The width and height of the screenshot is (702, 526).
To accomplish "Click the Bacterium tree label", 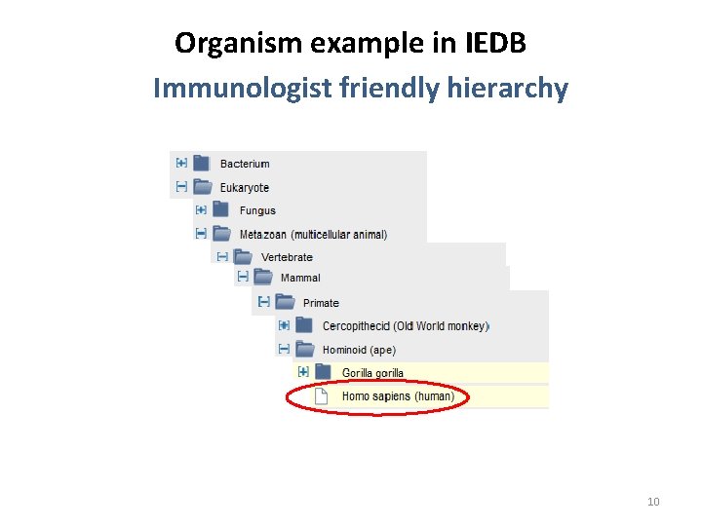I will coord(245,164).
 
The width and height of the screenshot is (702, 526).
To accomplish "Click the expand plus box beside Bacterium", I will coord(181,164).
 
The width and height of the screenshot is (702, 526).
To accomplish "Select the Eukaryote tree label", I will coord(245,187).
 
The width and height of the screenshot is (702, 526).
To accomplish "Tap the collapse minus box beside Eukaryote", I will coord(181,186).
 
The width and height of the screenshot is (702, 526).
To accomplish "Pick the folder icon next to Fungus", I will coord(220,209).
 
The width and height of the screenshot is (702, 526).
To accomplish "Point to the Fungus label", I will coord(257,210).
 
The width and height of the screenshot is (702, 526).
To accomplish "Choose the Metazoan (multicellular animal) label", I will coord(313,234).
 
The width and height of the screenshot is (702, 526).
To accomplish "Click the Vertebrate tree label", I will coord(287,257).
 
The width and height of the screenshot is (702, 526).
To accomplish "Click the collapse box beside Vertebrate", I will coord(222,256).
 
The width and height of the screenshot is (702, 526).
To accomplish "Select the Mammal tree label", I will coord(300,279).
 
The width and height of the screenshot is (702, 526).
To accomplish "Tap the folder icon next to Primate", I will coord(285,302).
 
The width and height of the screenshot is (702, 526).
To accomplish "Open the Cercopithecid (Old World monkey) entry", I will coord(405,326).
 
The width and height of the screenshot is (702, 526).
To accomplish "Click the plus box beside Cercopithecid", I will coord(284,325).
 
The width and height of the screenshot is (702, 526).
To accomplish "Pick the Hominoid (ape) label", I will coord(359,350).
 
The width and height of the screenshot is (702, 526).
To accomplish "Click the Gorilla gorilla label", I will coord(372,373).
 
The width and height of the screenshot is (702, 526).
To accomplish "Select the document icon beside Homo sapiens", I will coord(321,396).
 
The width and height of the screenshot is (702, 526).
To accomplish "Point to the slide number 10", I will coord(653,502).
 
